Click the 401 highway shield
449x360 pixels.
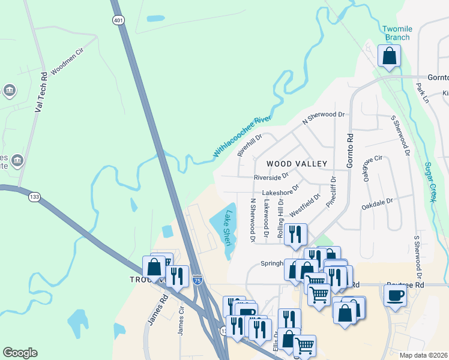tap(118, 20)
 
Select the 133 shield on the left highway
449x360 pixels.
tap(35, 196)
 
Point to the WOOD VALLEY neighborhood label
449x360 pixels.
tap(297, 163)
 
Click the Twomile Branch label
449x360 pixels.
tap(397, 33)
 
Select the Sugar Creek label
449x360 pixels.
tap(429, 182)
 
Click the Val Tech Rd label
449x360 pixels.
tap(41, 93)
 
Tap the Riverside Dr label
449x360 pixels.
tap(271, 177)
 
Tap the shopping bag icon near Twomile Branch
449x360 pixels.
tap(389, 56)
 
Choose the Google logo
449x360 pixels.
tap(20, 353)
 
